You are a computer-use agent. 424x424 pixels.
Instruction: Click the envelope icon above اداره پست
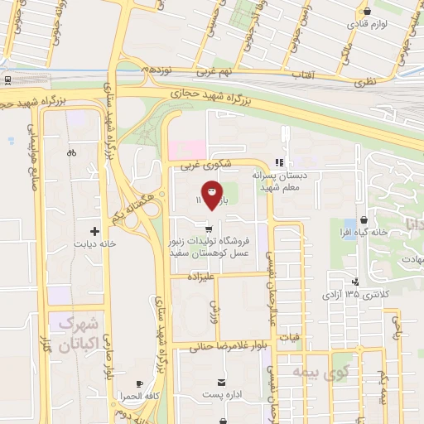221,382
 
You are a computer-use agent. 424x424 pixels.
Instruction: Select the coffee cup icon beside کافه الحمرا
139,383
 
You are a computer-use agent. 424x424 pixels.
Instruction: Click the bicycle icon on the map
71,152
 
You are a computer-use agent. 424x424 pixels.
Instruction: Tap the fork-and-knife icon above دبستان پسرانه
281,163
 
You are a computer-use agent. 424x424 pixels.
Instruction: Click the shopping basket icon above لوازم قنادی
366,12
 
